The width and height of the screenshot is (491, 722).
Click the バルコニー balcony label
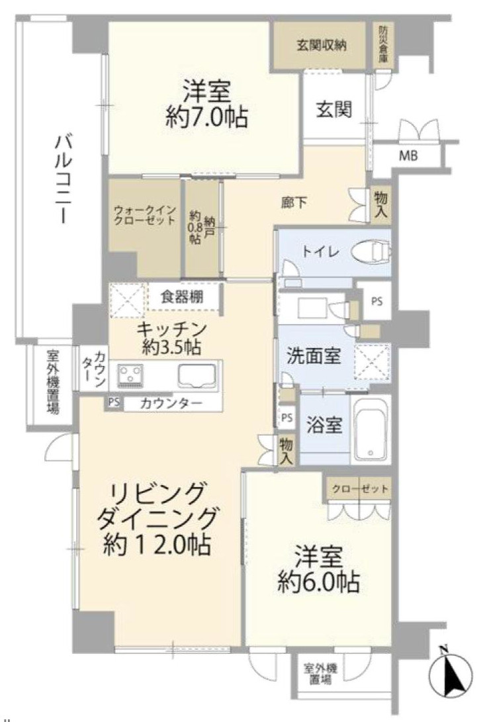point(64,179)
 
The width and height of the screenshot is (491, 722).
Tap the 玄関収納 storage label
point(320,46)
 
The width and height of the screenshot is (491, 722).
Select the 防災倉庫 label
point(383,45)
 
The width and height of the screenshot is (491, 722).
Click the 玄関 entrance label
point(333,108)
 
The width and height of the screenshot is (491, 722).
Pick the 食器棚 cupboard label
point(181,297)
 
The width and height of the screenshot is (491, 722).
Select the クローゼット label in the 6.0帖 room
point(358,489)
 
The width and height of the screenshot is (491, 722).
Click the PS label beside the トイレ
point(377,300)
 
